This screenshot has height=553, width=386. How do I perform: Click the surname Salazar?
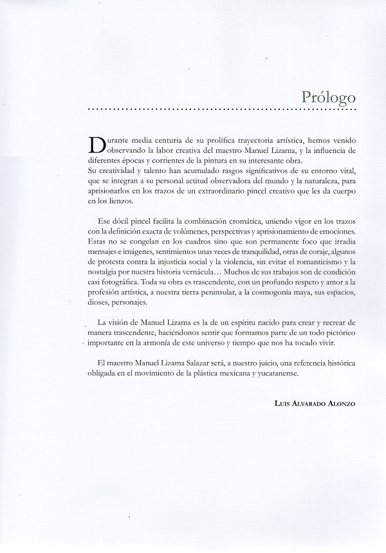(191, 366)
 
